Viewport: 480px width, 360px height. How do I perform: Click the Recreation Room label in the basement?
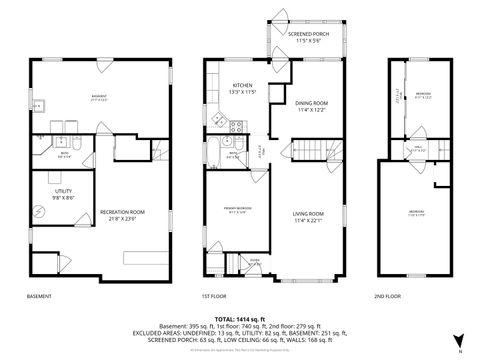click(x=123, y=212)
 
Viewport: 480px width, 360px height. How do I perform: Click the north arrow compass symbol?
click(x=458, y=339)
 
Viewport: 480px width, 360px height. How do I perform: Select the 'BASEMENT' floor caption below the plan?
click(x=40, y=297)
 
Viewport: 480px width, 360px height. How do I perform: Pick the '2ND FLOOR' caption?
click(x=387, y=297)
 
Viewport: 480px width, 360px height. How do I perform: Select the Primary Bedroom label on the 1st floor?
click(x=237, y=208)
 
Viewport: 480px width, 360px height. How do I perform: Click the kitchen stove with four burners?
click(x=236, y=127)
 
